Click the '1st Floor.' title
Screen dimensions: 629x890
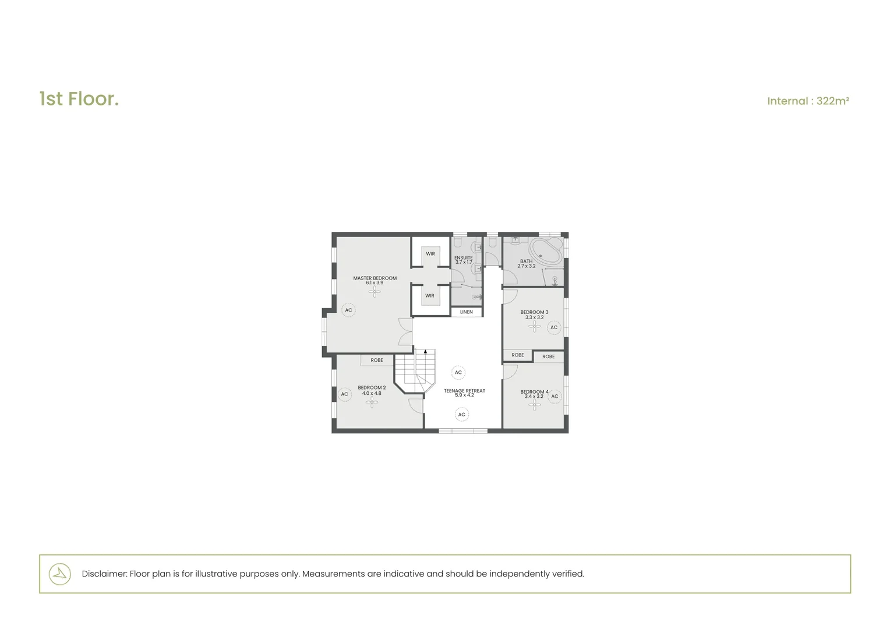click(x=79, y=99)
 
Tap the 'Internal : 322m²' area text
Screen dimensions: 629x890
click(x=807, y=101)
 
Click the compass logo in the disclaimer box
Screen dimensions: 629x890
click(x=59, y=574)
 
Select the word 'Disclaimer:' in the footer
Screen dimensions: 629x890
click(x=104, y=574)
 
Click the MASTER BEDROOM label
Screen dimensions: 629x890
click(x=375, y=278)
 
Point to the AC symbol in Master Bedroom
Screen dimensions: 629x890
click(x=348, y=310)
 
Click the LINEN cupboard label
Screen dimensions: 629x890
click(x=466, y=312)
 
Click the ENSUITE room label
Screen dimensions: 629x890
click(x=463, y=257)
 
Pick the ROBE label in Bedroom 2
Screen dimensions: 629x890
click(x=377, y=360)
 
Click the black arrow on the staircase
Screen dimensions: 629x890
click(x=426, y=352)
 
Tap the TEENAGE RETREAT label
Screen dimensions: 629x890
click(x=464, y=391)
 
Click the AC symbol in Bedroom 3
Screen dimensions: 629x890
click(x=554, y=327)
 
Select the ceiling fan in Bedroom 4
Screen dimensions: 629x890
click(x=534, y=404)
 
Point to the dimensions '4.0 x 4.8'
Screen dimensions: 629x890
click(x=372, y=393)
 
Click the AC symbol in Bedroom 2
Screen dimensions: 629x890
click(x=344, y=394)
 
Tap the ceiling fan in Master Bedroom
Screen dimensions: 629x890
click(x=375, y=292)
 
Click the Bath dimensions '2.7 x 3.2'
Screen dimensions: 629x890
click(x=526, y=266)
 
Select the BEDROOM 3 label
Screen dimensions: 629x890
click(x=534, y=312)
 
